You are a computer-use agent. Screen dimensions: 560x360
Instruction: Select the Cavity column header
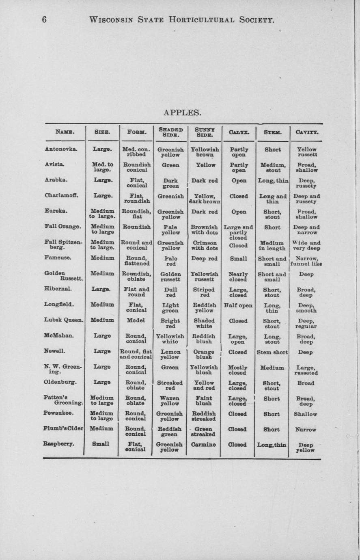[x=306, y=132]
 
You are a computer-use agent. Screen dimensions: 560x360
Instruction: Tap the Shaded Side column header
[x=170, y=132]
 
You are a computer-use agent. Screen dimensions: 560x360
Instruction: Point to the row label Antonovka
[x=61, y=149]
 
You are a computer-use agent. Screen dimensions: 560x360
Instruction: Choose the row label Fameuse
[x=58, y=257]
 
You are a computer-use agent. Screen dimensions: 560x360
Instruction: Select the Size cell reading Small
[x=101, y=444]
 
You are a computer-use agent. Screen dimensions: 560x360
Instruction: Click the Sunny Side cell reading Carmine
[x=204, y=444]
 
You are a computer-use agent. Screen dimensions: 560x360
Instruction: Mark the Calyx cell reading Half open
[x=238, y=305]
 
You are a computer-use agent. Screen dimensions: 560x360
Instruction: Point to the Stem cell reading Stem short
[x=272, y=352]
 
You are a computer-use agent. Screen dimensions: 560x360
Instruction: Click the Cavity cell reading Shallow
[x=305, y=414]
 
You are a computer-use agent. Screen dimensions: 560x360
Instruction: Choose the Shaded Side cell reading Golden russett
[x=170, y=277]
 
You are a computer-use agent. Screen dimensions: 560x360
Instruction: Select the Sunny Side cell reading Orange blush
[x=204, y=354]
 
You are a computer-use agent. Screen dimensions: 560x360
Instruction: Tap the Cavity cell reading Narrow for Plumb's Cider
[x=306, y=430]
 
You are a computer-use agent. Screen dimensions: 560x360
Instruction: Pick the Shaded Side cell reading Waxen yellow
[x=170, y=401]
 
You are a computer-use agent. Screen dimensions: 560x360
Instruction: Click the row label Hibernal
[x=58, y=289]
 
